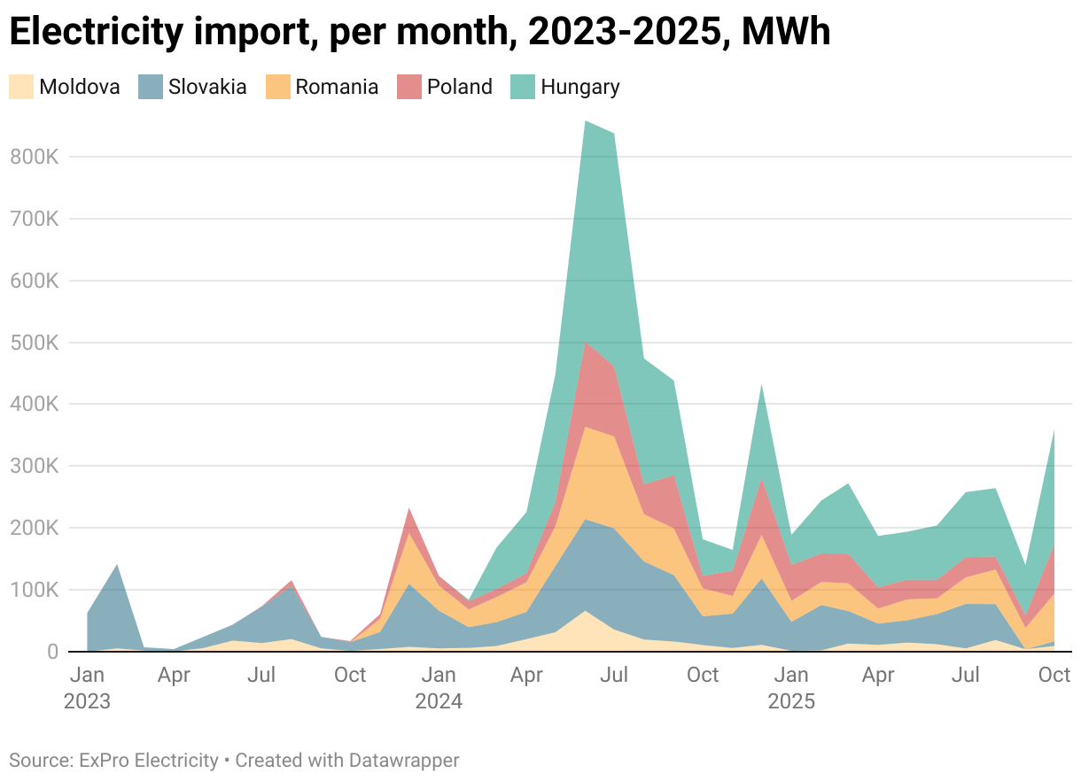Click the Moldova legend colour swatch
point(21,87)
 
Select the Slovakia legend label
point(207,87)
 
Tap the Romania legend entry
point(337,87)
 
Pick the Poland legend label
point(459,87)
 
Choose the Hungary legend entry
point(579,87)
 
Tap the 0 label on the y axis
point(51,652)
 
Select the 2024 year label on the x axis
point(439,702)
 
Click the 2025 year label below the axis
point(790,702)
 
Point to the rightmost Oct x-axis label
point(1054,676)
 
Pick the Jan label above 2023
point(87,676)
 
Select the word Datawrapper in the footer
point(404,760)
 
